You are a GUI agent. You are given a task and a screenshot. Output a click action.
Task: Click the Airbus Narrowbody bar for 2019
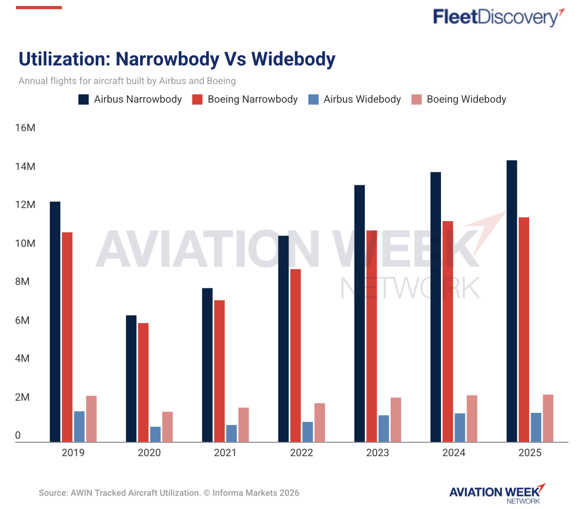coord(55,321)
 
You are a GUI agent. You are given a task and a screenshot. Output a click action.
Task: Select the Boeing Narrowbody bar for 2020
coord(143,382)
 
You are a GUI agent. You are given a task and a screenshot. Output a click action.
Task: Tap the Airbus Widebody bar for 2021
coord(231,433)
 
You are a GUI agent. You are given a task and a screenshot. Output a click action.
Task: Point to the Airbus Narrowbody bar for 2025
coord(512,301)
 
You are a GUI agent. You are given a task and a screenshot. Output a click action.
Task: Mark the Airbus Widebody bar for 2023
coord(384,428)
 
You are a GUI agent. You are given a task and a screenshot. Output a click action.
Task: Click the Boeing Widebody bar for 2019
coord(91,418)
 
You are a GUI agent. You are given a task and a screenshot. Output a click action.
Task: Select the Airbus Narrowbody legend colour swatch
coord(83,99)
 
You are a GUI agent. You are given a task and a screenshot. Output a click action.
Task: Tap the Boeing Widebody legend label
coord(466,99)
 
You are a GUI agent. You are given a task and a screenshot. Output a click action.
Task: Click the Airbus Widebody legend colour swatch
coord(313,99)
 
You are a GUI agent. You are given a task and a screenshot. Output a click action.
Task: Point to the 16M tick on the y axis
coord(25,128)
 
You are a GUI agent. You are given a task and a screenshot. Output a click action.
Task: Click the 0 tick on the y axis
coord(18,436)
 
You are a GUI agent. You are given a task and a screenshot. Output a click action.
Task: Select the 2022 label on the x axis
coord(301,453)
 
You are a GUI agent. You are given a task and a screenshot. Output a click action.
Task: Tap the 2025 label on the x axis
coord(530,453)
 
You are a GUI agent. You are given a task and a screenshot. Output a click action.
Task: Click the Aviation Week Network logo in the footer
coord(497,493)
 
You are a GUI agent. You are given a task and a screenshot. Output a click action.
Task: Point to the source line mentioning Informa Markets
coord(169,493)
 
